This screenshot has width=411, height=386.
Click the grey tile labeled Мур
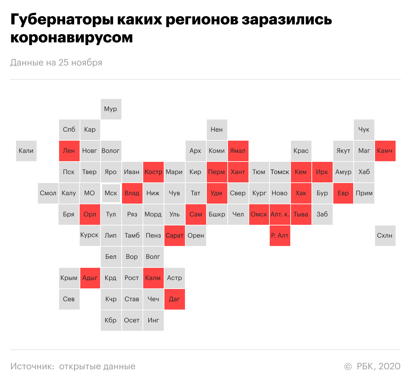[x=111, y=109]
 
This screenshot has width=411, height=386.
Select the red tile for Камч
[x=385, y=151]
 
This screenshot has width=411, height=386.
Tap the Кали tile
[x=26, y=151]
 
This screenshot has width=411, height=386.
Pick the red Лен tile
[x=69, y=151]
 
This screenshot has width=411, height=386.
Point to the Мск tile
[x=111, y=193]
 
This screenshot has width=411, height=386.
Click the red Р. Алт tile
[x=280, y=235]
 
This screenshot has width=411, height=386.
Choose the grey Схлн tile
[x=385, y=235]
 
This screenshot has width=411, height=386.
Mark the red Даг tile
[x=174, y=299]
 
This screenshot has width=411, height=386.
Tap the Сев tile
[x=69, y=299]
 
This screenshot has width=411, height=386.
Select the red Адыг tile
[x=90, y=278]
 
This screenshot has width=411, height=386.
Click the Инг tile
[x=153, y=320]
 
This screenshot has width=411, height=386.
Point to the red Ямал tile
[x=238, y=151]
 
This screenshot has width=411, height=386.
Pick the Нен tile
[x=217, y=129]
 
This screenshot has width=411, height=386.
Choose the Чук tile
[x=364, y=129]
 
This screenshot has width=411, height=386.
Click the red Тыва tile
[x=301, y=215]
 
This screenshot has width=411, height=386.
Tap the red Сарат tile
[x=174, y=235]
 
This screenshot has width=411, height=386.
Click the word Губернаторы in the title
[x=62, y=20]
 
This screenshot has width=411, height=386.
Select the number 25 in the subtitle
[x=63, y=63]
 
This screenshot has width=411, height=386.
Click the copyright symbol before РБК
[x=348, y=366]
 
